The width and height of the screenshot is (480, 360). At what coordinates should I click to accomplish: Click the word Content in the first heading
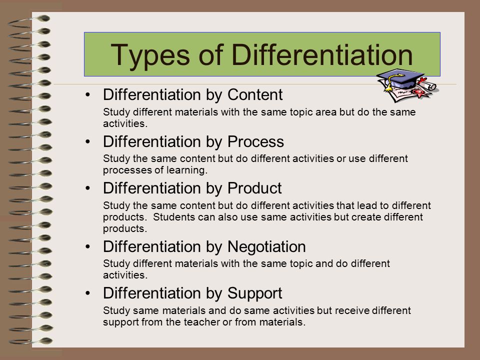pos(255,94)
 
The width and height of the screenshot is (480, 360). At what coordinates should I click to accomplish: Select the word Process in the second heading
pos(255,141)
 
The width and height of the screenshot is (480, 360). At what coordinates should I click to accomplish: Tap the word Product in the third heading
pos(254,188)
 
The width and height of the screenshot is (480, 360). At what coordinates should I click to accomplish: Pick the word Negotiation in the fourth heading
pos(266,247)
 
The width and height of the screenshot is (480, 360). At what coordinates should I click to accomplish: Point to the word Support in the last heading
pos(254,293)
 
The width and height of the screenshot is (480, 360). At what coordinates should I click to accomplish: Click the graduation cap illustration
pos(401,79)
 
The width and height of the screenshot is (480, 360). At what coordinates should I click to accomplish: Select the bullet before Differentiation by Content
pos(88,95)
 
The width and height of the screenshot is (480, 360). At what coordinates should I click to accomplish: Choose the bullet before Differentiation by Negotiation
pos(88,246)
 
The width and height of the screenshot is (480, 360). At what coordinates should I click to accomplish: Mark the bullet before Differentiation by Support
pos(88,293)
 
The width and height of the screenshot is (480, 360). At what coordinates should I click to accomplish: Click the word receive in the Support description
pos(352,310)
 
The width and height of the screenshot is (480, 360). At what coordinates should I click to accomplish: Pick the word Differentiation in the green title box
pos(322,55)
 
